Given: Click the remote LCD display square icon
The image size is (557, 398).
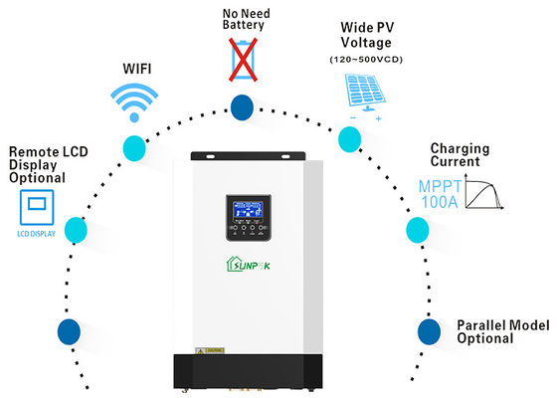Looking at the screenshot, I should tap(35, 210).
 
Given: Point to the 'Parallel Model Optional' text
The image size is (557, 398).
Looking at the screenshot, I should tap(498, 331).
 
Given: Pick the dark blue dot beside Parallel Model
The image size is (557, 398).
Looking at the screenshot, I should tap(429, 329).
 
